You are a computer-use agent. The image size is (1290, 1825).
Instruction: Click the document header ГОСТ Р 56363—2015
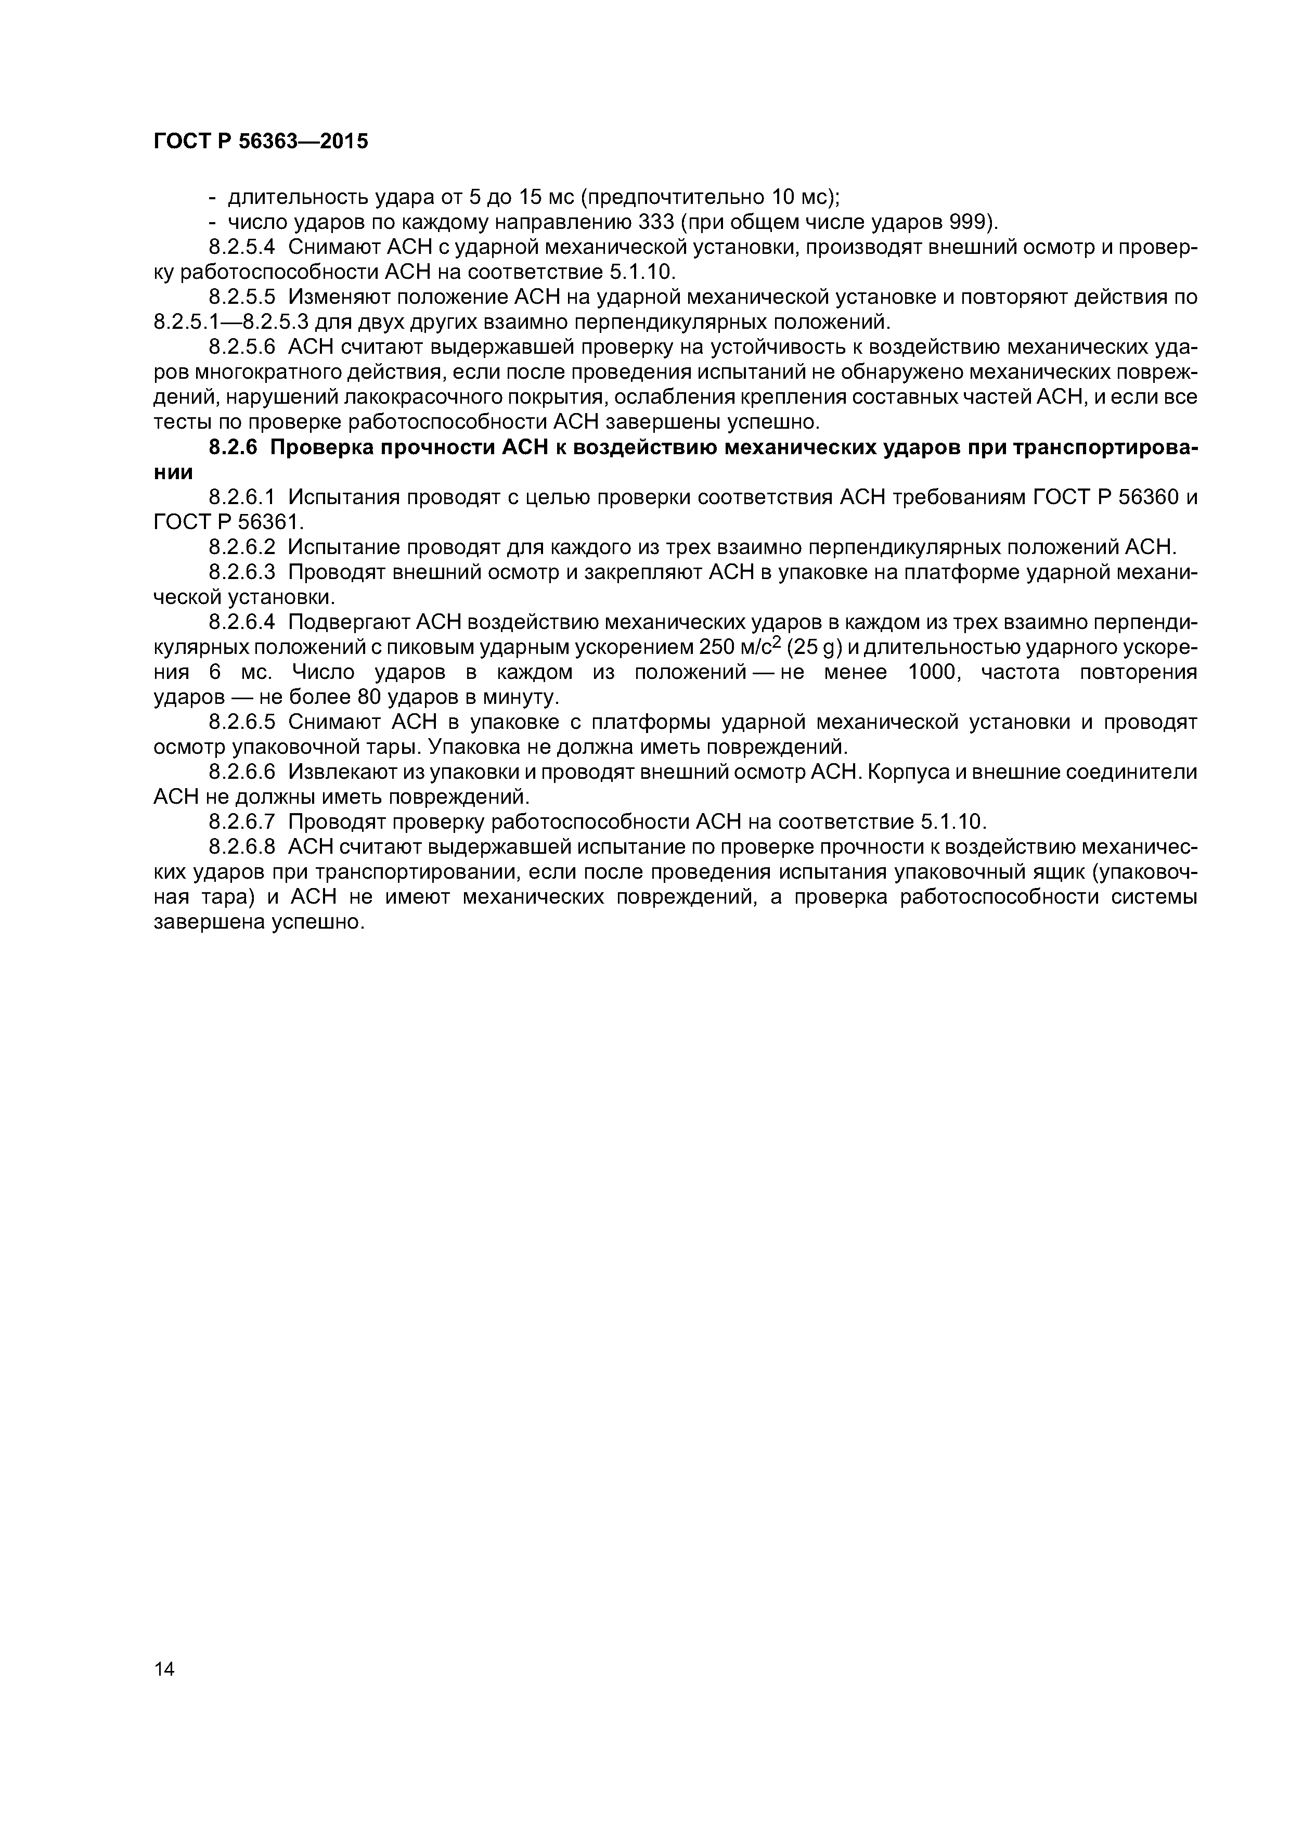click(x=261, y=142)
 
